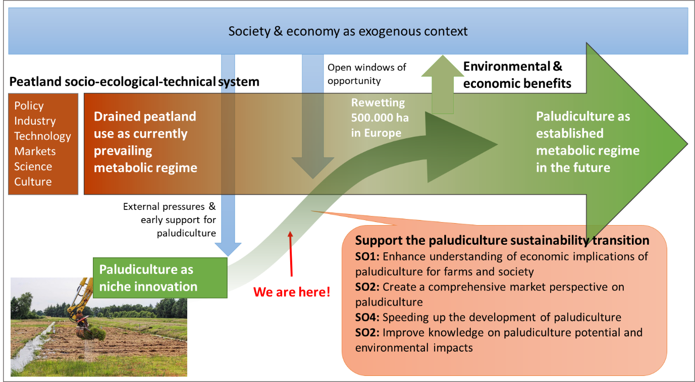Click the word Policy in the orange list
pyautogui.click(x=29, y=105)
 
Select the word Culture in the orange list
pyautogui.click(x=33, y=182)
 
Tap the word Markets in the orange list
pyautogui.click(x=35, y=151)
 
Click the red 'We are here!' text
pyautogui.click(x=292, y=292)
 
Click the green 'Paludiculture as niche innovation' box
pyautogui.click(x=160, y=278)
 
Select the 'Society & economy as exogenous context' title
pyautogui.click(x=348, y=31)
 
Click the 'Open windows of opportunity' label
pyautogui.click(x=366, y=74)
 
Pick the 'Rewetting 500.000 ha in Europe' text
pyautogui.click(x=378, y=118)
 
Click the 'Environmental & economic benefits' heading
pyautogui.click(x=517, y=75)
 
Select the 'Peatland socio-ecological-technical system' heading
pyautogui.click(x=134, y=81)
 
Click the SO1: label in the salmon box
pyautogui.click(x=367, y=256)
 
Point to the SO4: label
pyautogui.click(x=367, y=317)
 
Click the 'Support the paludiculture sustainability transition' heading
pyautogui.click(x=502, y=240)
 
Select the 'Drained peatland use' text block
pyautogui.click(x=145, y=142)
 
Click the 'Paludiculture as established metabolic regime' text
pyautogui.click(x=587, y=142)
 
